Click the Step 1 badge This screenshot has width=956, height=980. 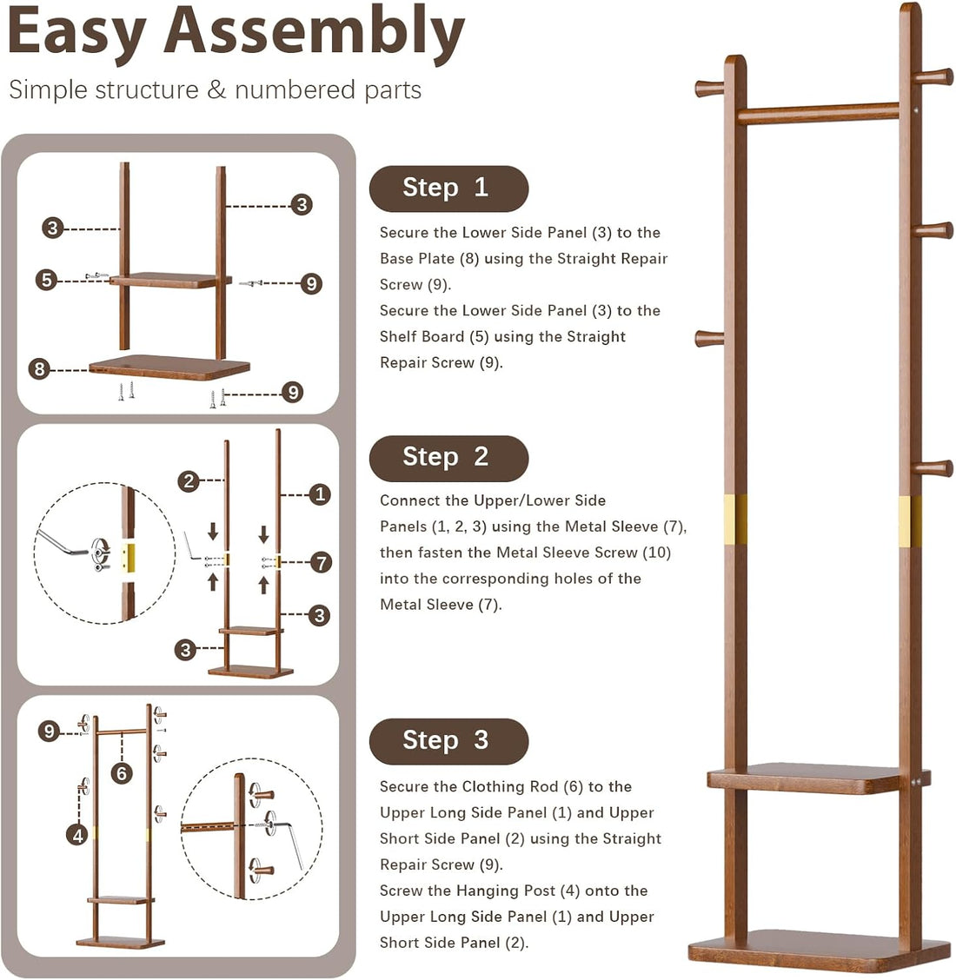point(448,189)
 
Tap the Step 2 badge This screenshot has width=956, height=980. point(448,458)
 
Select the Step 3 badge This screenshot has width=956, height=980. point(448,741)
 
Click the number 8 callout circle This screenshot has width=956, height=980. point(39,369)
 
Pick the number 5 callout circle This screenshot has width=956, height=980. point(47,280)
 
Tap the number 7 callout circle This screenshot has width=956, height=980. point(322,562)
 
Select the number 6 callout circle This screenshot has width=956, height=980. point(122,772)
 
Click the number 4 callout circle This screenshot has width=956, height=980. point(78,835)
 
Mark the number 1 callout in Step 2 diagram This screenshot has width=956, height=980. point(320,494)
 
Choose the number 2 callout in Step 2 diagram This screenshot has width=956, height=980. point(189,480)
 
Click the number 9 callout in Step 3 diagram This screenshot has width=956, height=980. point(49,732)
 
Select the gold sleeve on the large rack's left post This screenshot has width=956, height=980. point(735,520)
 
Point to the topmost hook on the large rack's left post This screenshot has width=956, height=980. point(709,87)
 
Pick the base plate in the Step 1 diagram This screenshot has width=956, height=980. point(169,367)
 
